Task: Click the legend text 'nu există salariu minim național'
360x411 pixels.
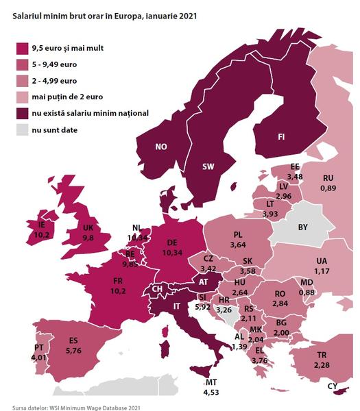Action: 99,113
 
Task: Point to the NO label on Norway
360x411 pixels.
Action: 161,147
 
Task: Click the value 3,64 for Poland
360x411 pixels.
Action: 238,245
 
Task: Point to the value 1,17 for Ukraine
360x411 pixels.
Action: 321,271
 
